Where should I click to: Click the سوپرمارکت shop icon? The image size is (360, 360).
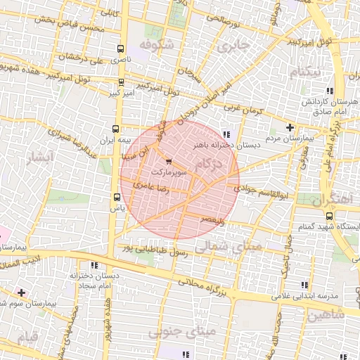click(x=167, y=162)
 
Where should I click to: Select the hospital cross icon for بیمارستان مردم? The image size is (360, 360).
click(x=290, y=127)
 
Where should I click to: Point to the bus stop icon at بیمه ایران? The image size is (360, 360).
click(x=116, y=129)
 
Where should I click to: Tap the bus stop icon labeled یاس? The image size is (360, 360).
click(x=117, y=198)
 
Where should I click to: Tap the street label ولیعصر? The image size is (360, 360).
click(x=210, y=221)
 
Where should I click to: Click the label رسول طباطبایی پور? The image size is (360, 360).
click(x=155, y=248)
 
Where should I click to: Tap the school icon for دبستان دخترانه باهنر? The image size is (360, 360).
click(x=225, y=134)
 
